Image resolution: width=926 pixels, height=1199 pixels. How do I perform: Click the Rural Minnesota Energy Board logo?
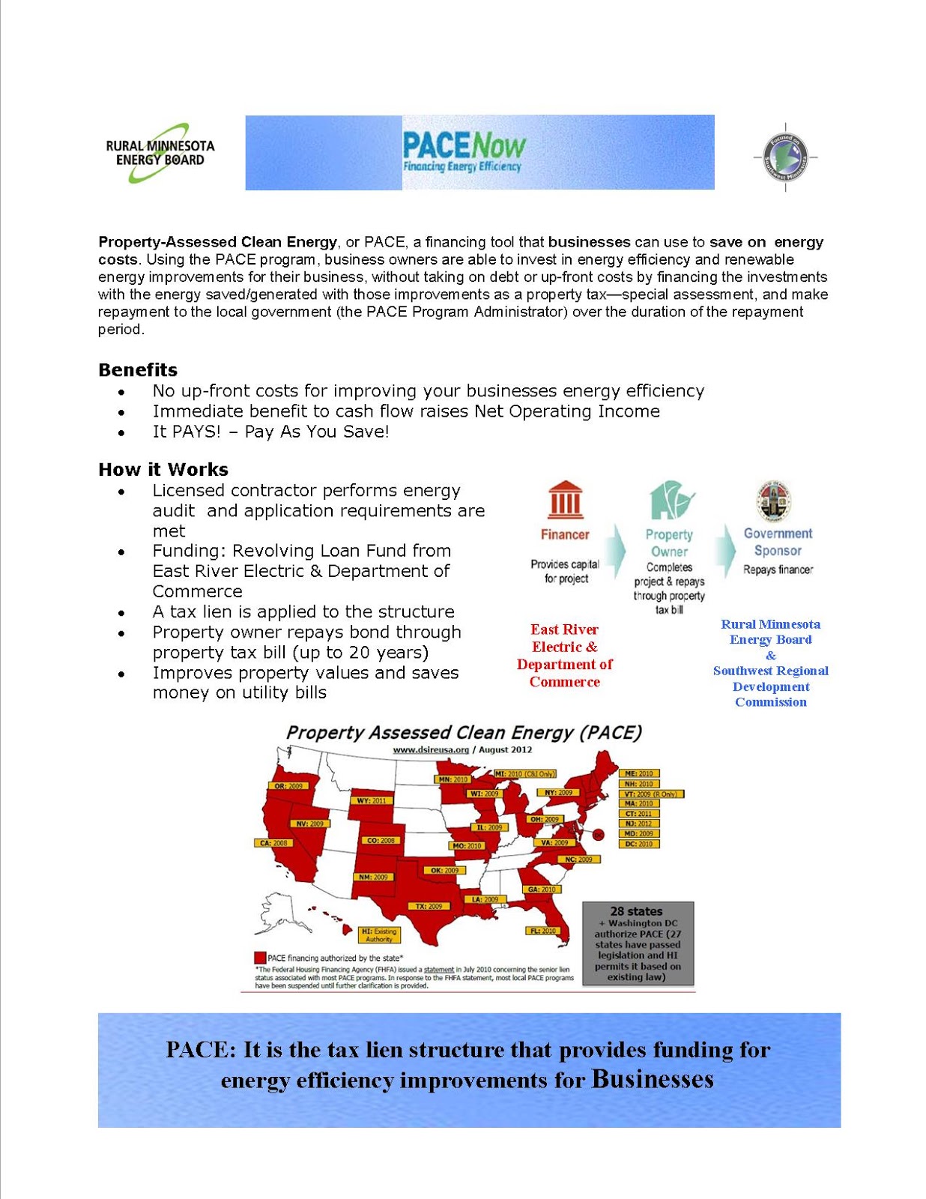(x=160, y=153)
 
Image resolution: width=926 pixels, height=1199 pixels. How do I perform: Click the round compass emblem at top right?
(x=785, y=157)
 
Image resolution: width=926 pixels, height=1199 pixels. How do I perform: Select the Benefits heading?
(x=138, y=369)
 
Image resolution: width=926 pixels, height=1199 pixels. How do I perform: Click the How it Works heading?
(x=163, y=469)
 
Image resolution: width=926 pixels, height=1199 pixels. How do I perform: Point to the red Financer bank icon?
(x=565, y=500)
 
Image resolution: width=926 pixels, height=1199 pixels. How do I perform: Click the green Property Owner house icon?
(x=671, y=500)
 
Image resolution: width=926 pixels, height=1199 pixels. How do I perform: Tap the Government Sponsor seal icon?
(x=775, y=500)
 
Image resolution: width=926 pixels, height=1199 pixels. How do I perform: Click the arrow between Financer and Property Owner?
(x=616, y=550)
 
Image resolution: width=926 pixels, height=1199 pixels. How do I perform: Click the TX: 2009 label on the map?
(x=429, y=906)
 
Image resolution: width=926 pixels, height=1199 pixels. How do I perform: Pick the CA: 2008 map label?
(x=273, y=843)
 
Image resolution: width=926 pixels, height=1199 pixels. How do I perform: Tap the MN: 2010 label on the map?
(x=453, y=779)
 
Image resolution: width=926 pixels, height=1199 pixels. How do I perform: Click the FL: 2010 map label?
(x=543, y=931)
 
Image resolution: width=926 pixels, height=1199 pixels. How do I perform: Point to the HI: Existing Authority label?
(x=379, y=934)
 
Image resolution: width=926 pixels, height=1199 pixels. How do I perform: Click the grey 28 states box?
(x=638, y=943)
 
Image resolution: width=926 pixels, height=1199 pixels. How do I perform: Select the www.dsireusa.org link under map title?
(x=431, y=749)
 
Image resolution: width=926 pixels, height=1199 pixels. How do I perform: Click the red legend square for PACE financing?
(x=260, y=958)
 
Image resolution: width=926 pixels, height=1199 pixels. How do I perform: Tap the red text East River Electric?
(x=564, y=638)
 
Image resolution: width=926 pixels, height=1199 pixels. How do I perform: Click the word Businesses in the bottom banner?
(x=652, y=1079)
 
